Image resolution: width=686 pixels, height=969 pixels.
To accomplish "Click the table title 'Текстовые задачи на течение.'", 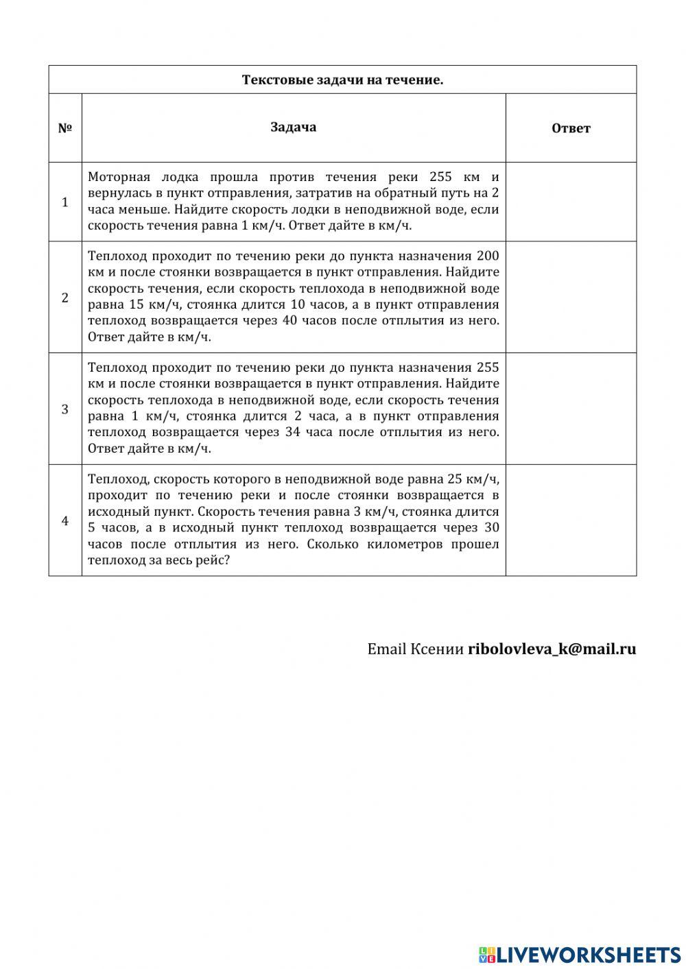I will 342,80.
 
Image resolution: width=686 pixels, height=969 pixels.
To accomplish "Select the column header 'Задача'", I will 294,127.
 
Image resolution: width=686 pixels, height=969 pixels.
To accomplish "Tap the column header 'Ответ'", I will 571,128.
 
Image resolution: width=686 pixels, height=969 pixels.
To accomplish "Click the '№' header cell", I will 65,128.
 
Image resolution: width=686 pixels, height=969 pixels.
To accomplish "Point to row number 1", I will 65,202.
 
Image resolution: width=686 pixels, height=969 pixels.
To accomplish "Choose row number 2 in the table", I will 65,298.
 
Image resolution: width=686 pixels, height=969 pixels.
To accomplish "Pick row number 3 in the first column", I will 65,409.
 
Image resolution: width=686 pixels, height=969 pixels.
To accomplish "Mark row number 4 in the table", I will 65,521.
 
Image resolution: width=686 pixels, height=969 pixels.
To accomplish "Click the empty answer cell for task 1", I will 571,202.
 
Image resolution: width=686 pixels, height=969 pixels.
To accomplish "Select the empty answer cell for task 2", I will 571,298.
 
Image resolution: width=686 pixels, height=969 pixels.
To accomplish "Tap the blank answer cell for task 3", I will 571,409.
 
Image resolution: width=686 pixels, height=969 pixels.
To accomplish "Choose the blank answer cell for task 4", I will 571,521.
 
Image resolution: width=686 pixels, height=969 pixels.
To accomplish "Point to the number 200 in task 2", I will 487,256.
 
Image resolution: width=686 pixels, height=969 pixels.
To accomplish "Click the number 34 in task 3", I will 292,432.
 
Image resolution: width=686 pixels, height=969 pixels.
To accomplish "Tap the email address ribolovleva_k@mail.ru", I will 552,649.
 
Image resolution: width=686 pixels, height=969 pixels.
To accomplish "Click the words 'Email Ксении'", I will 415,649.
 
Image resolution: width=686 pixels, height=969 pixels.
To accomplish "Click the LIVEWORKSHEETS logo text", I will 589,955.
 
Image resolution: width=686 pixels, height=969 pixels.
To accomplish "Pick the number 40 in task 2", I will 290,320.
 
